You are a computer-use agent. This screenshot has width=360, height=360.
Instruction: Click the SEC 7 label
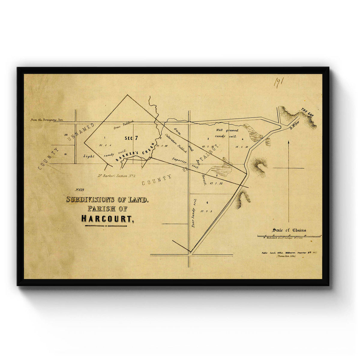[x=132, y=138]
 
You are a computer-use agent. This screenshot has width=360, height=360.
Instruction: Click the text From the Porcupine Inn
[x=46, y=120]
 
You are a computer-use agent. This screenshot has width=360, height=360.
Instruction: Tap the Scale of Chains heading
[x=289, y=230]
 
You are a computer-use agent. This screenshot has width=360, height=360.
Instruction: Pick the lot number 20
[x=66, y=135]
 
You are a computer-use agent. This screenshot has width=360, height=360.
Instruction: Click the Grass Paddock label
[x=124, y=125]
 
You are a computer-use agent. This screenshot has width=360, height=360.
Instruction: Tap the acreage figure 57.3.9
[x=207, y=211]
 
